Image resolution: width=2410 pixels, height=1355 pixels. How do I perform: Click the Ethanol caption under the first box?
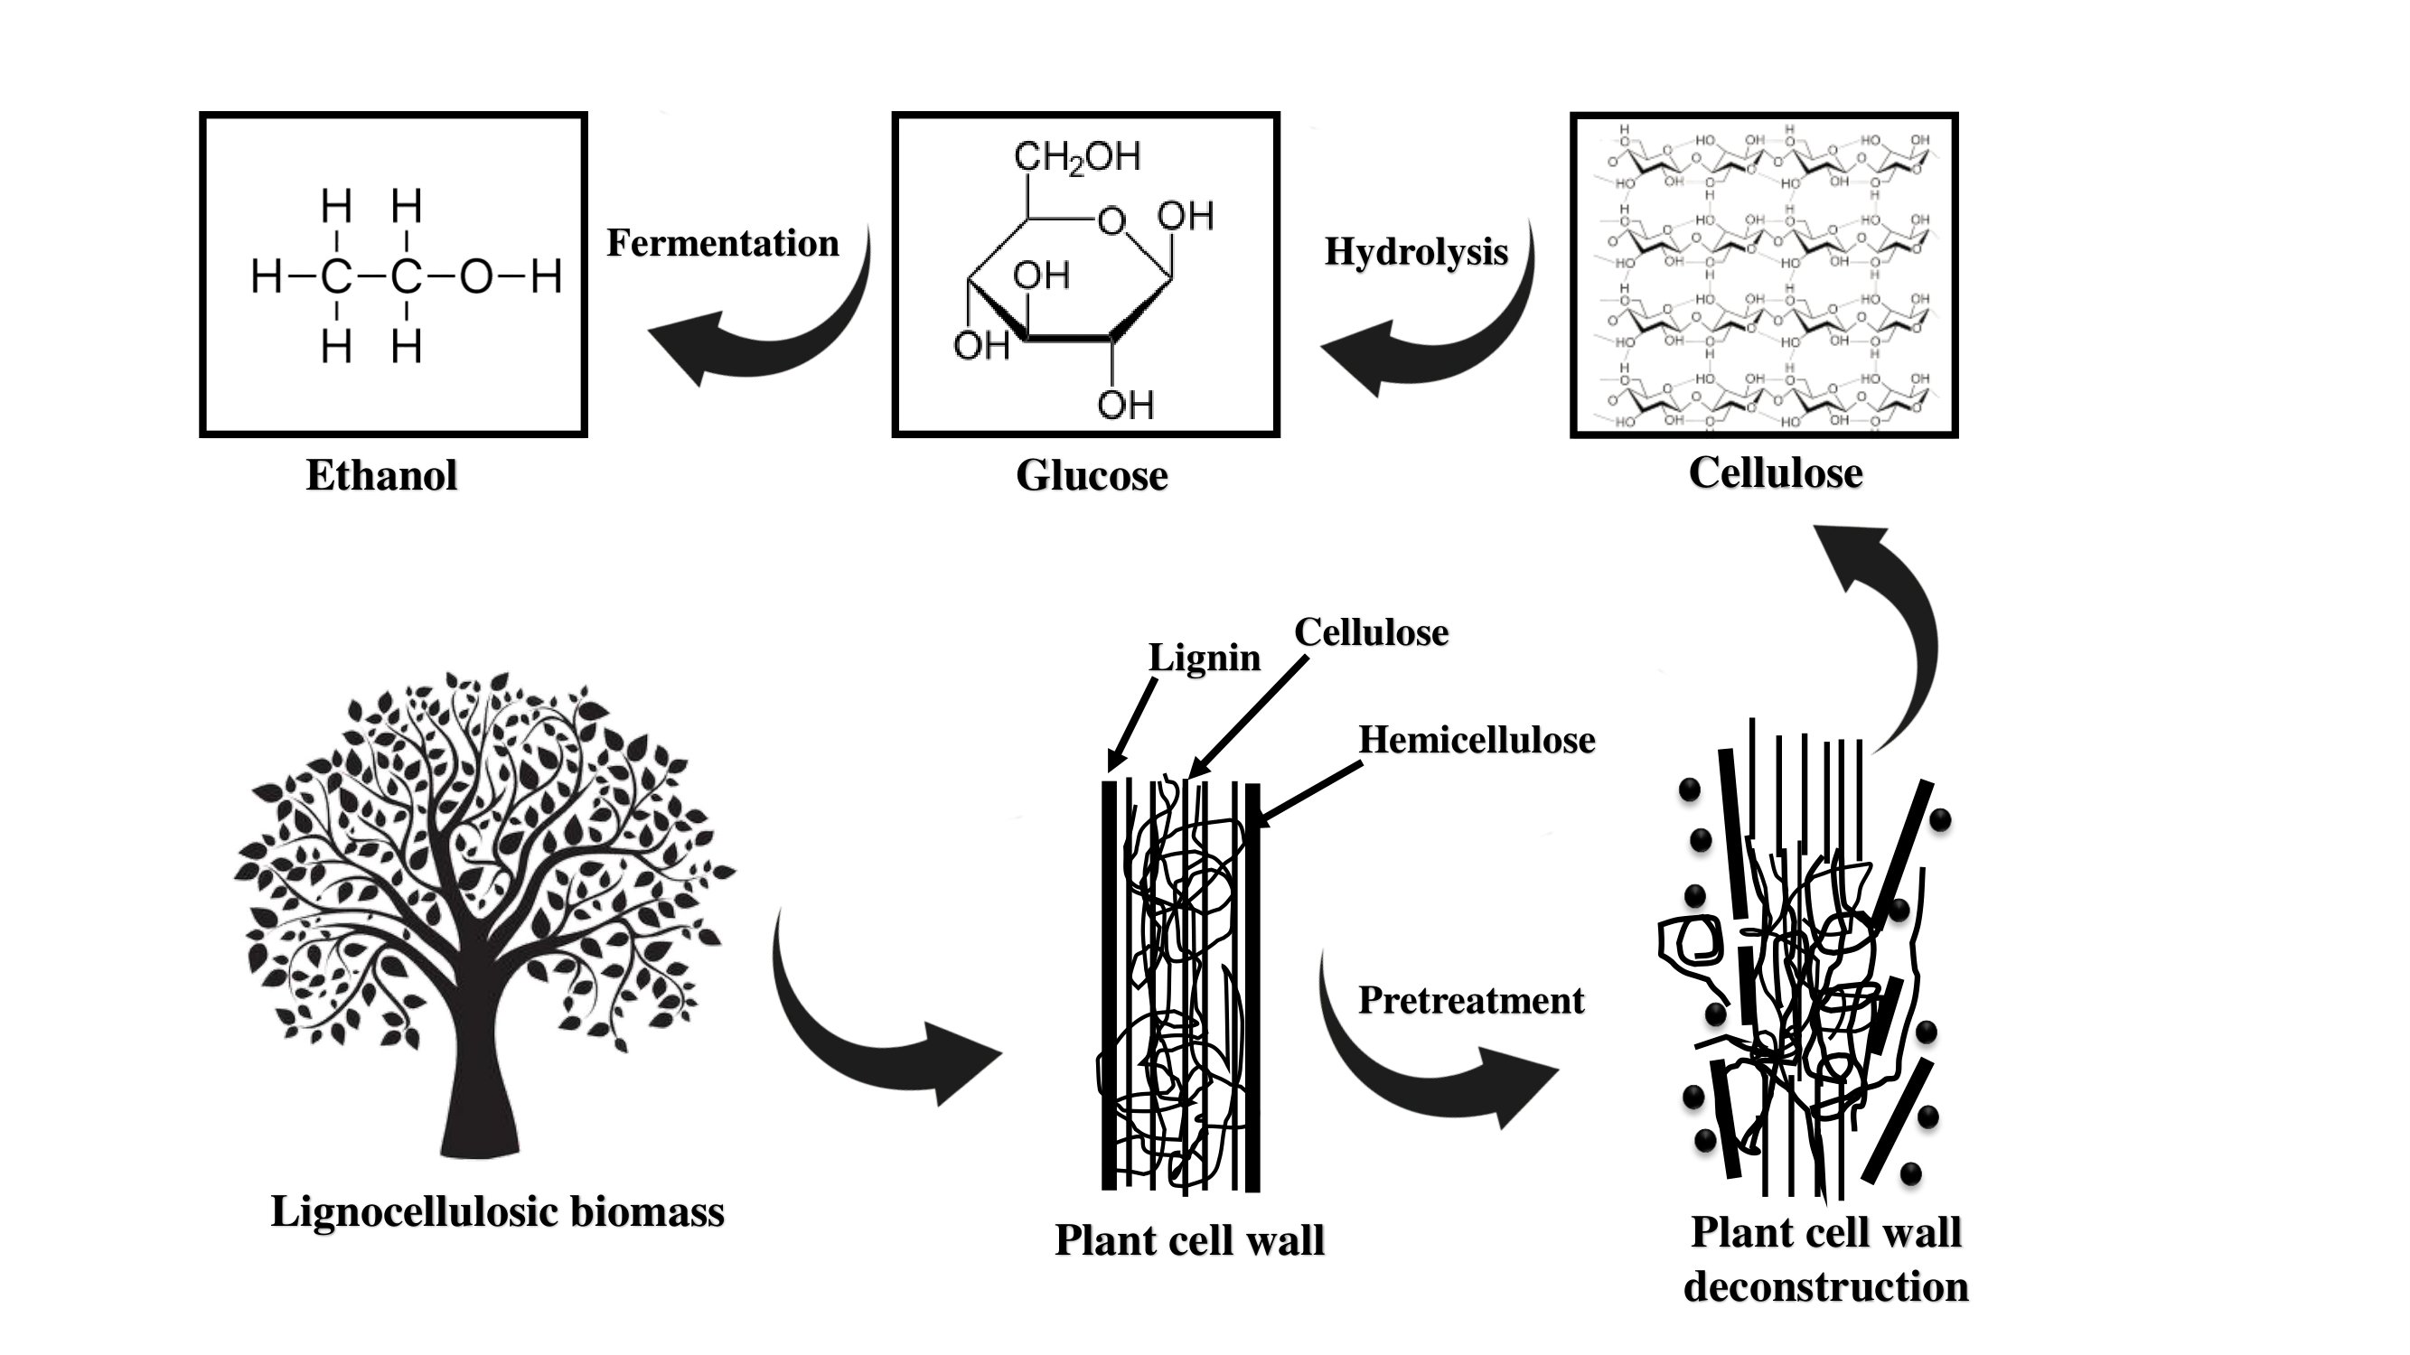(381, 475)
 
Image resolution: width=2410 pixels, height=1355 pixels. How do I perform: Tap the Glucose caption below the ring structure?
(1092, 475)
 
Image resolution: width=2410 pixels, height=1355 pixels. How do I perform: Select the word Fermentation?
(723, 243)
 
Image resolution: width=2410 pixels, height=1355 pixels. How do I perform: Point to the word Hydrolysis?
(1416, 251)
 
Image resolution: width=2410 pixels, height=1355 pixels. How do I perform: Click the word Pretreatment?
(1471, 1001)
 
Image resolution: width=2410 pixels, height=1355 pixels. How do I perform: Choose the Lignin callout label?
(1204, 658)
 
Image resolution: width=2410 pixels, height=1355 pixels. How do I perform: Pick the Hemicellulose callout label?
(1477, 740)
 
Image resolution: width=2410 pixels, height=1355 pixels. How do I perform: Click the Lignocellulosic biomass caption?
(498, 1212)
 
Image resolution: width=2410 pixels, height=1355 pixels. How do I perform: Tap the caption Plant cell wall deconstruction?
(1825, 1258)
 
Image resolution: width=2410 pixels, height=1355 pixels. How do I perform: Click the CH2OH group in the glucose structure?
(1077, 157)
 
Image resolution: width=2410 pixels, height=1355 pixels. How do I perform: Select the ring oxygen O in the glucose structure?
(1111, 221)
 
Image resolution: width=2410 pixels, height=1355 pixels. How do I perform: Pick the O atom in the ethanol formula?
(475, 277)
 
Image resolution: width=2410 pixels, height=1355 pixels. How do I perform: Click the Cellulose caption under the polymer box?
(1775, 472)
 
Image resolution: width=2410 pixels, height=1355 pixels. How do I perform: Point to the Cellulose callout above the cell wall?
(1371, 633)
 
